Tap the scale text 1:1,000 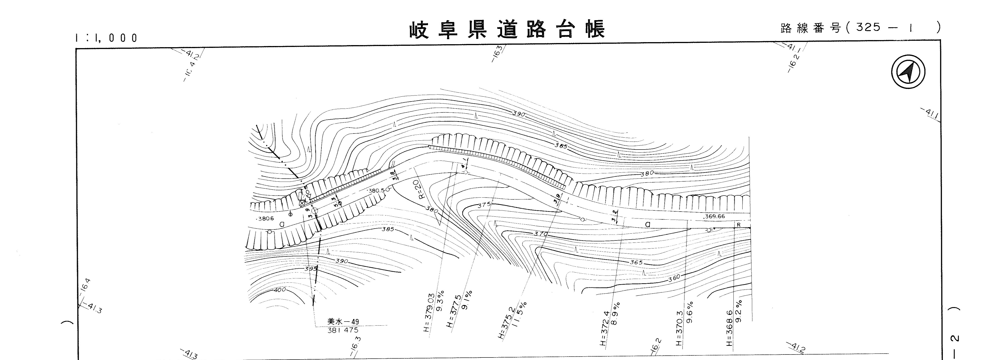tap(106, 38)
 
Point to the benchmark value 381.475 tap(343, 330)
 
